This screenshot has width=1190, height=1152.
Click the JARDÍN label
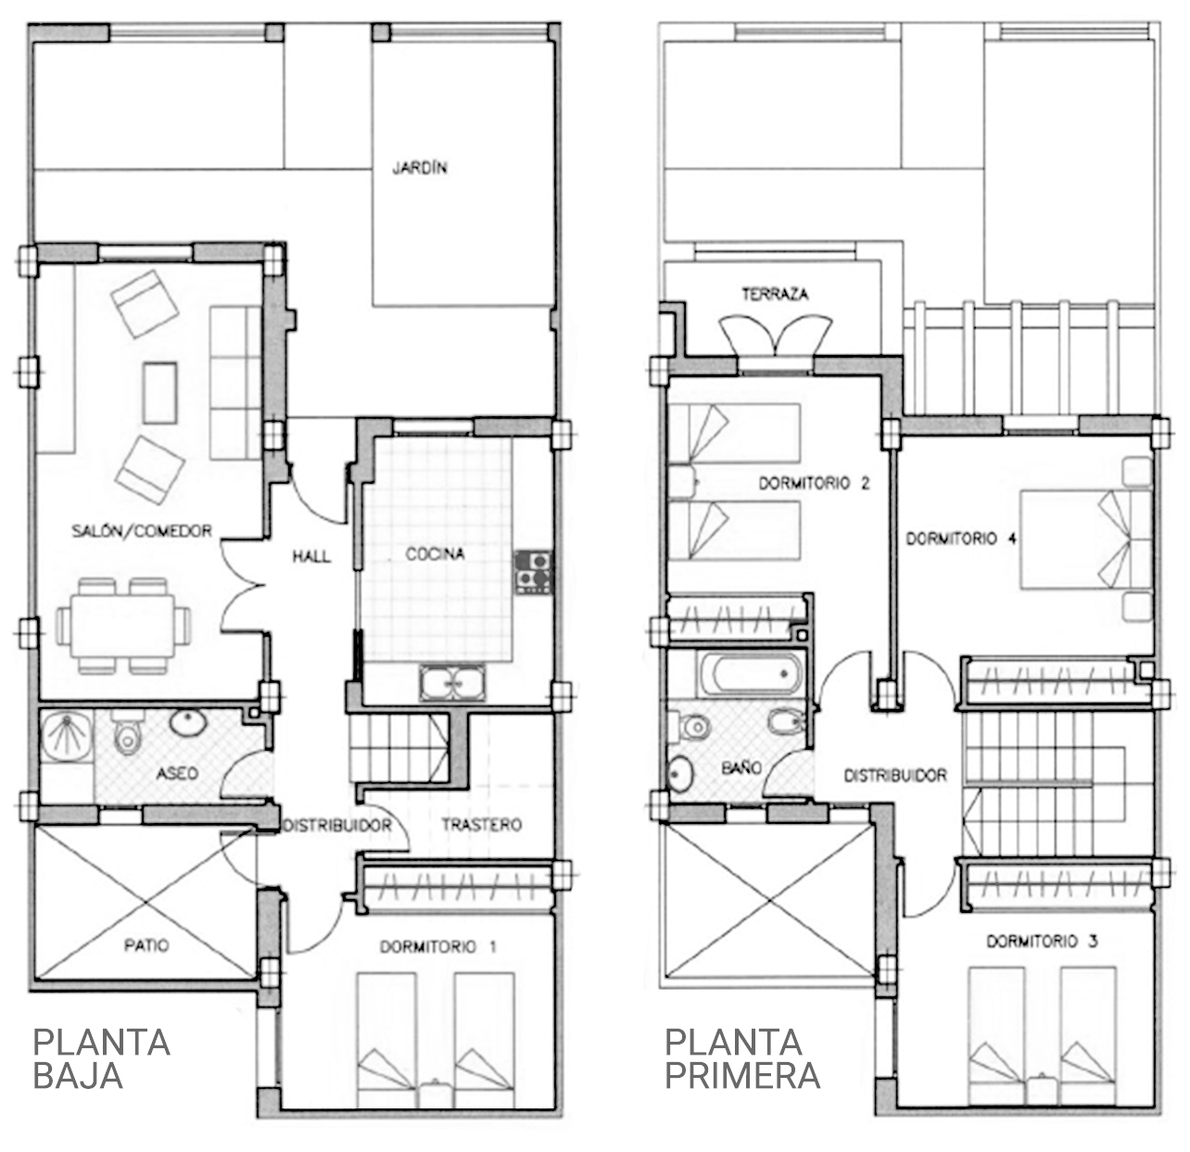(420, 167)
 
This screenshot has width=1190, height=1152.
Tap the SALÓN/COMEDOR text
(142, 531)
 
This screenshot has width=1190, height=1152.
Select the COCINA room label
(435, 554)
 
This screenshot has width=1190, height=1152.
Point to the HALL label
(311, 556)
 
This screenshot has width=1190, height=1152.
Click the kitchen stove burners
(533, 573)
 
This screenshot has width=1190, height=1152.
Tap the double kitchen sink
(452, 682)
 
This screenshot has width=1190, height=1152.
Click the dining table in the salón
(123, 626)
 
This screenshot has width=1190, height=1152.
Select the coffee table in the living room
(160, 393)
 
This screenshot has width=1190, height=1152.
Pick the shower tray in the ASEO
(66, 736)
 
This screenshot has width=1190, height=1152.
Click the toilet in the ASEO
(127, 732)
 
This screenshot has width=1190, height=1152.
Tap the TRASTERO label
(482, 825)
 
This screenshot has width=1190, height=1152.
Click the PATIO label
(146, 945)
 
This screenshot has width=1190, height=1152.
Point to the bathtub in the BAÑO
(750, 675)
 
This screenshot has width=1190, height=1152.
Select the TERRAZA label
(775, 294)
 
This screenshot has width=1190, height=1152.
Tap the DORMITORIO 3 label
(1042, 941)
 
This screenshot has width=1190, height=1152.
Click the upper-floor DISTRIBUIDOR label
(895, 776)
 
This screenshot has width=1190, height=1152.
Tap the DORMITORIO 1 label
(437, 946)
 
